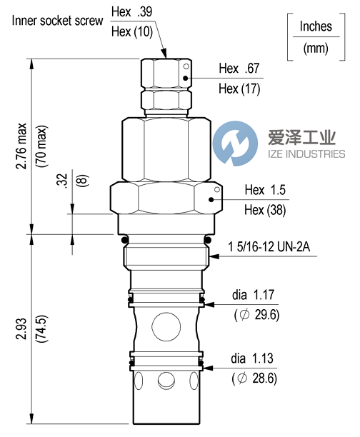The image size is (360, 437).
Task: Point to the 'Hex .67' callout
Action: [x=239, y=69]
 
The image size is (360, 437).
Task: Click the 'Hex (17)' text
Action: [x=239, y=89]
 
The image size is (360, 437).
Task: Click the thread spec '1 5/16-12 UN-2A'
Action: [x=269, y=248]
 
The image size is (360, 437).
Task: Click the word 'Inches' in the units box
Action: [x=316, y=26]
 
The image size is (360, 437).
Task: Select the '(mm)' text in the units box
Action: [x=316, y=49]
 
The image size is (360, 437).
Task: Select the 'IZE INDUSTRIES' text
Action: [x=301, y=154]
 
